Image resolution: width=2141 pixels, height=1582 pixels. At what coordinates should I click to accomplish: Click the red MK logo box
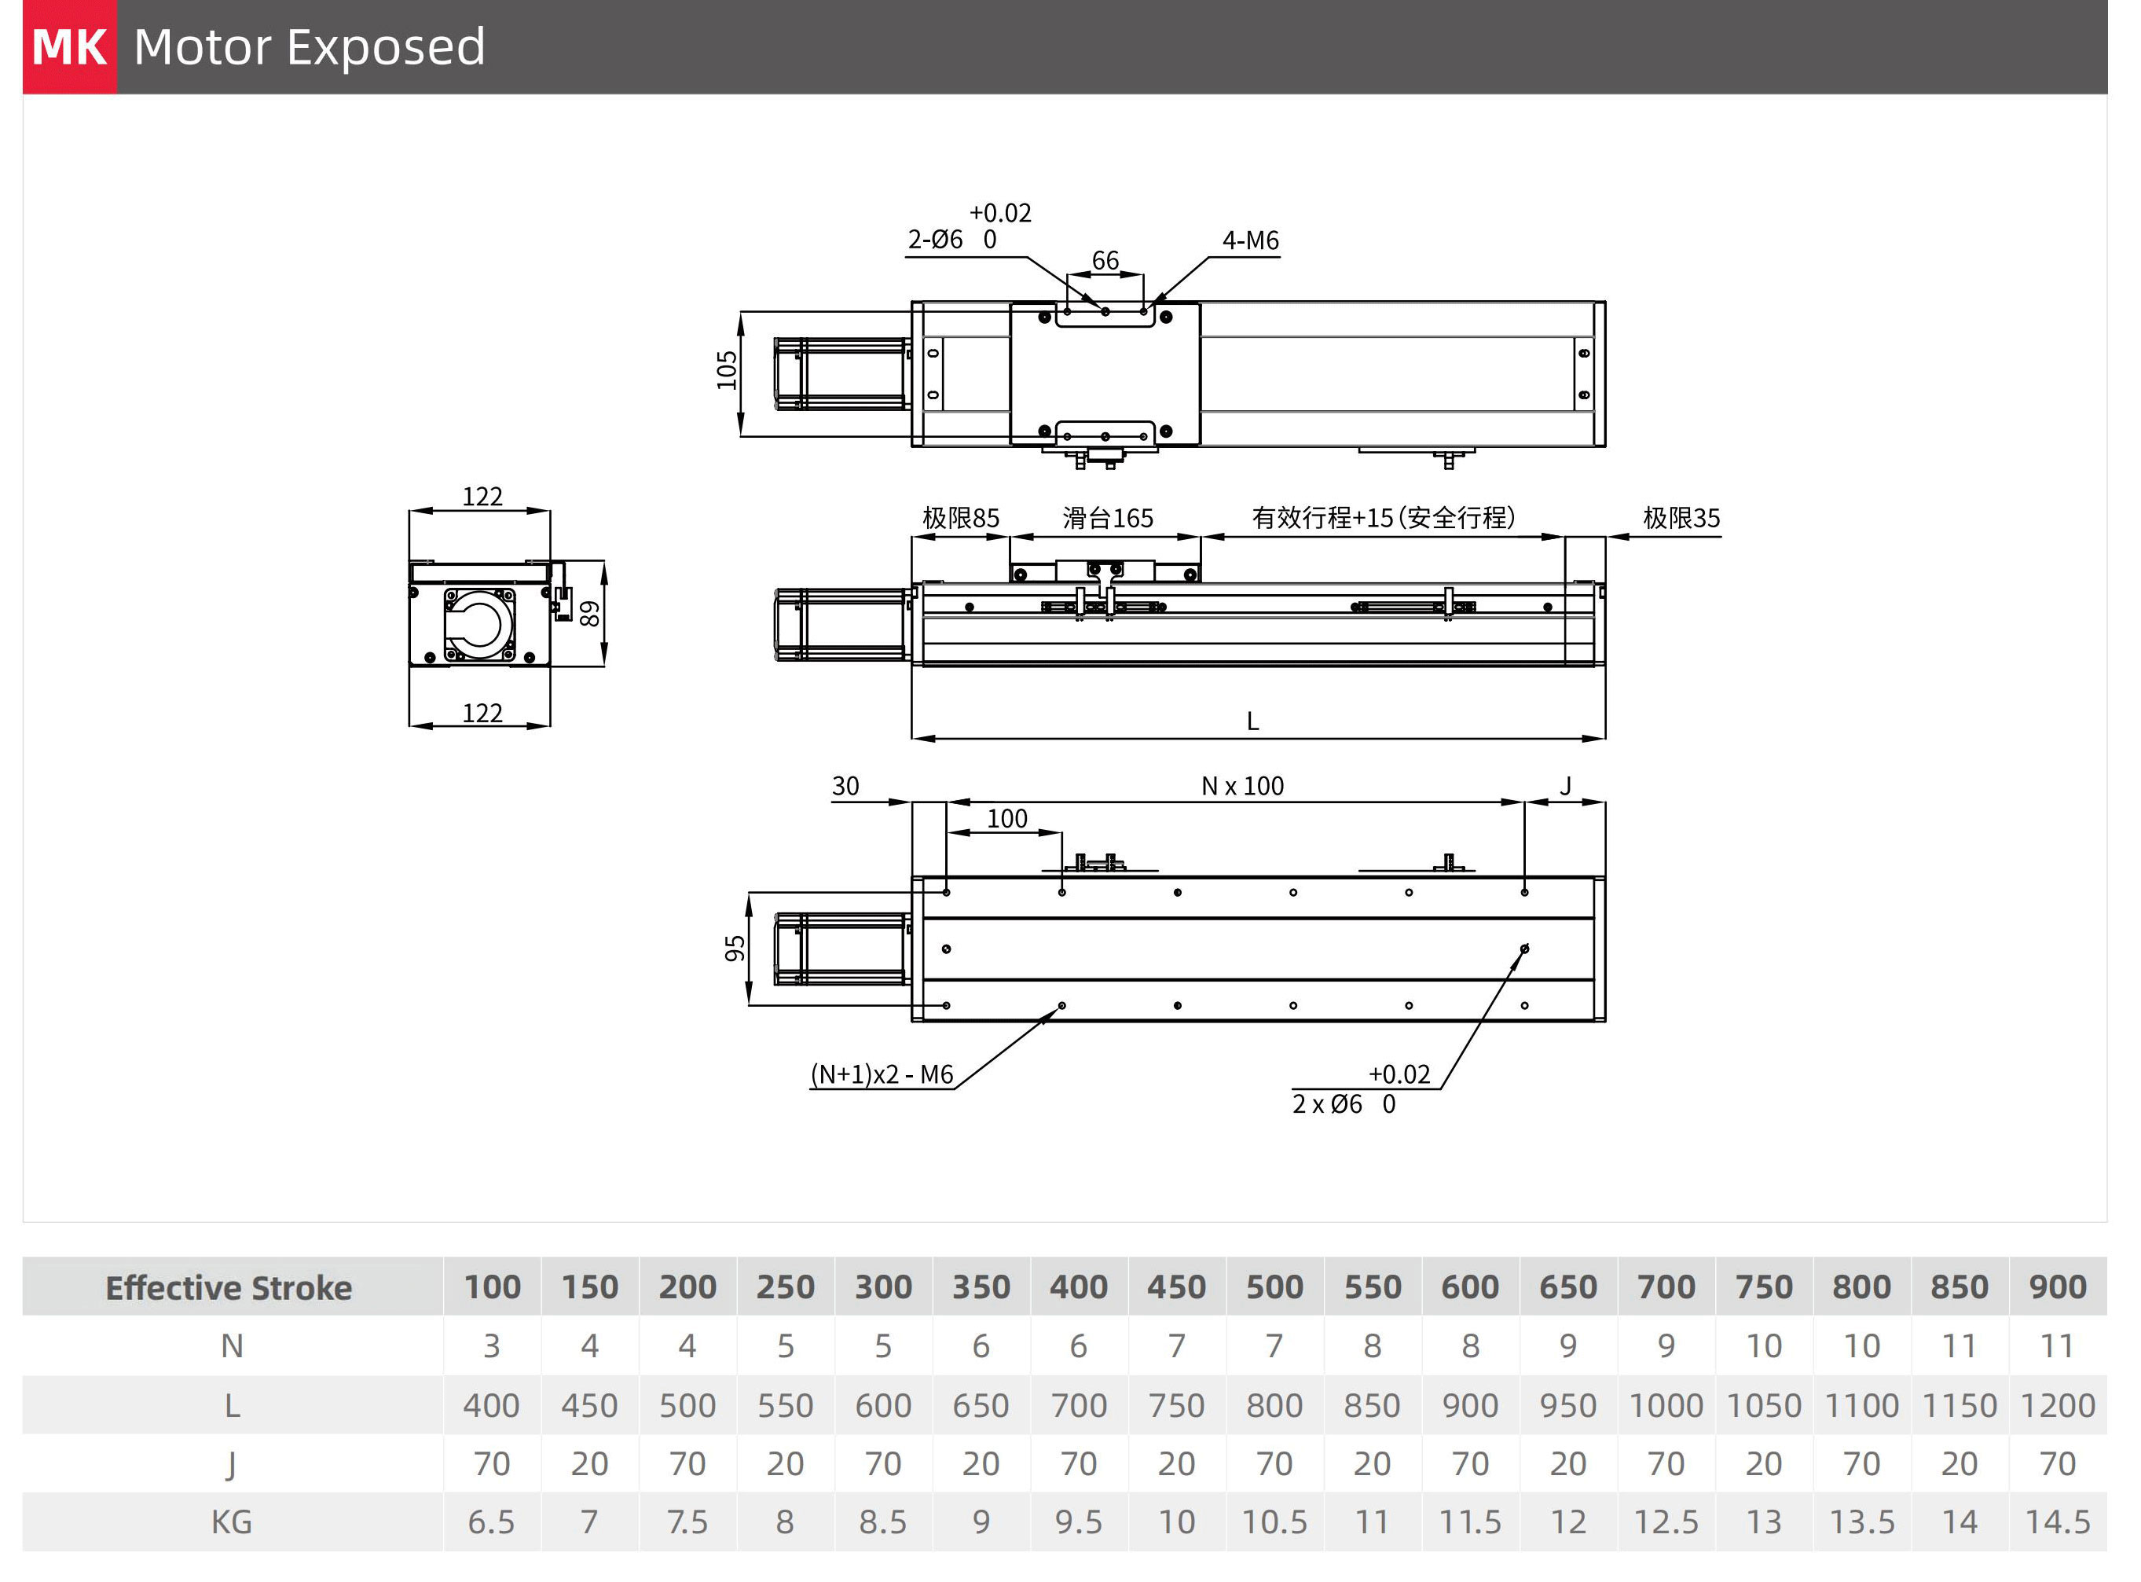[x=69, y=47]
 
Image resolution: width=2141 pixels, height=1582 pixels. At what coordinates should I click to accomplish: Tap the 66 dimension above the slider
[x=1105, y=260]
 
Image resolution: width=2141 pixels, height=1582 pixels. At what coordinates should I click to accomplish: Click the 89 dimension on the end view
[x=591, y=613]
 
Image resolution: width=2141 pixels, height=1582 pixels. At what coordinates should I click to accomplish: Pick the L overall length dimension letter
[x=1252, y=721]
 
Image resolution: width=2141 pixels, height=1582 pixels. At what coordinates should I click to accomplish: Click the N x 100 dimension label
[x=1242, y=786]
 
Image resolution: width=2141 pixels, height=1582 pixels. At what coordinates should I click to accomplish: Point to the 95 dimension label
[x=735, y=948]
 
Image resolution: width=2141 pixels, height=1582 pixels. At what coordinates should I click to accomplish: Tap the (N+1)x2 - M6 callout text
[x=882, y=1074]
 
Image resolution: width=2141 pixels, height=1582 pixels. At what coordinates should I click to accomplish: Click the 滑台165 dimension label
[x=1107, y=518]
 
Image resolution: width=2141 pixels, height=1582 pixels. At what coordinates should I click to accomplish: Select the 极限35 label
[x=1681, y=518]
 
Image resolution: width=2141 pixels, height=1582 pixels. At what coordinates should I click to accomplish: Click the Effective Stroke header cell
[x=229, y=1288]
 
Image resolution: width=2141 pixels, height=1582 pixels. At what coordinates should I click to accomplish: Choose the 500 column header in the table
[x=1274, y=1288]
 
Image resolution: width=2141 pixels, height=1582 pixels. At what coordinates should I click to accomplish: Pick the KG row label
[x=231, y=1521]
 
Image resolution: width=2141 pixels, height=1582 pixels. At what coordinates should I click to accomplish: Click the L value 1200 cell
[x=2057, y=1405]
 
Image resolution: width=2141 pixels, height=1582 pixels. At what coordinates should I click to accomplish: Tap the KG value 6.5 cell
[x=491, y=1521]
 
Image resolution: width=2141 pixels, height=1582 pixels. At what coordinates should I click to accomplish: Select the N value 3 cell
[x=491, y=1346]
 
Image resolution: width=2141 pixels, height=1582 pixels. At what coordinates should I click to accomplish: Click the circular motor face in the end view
[x=478, y=624]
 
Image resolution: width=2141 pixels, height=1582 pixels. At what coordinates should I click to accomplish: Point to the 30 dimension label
[x=845, y=786]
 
